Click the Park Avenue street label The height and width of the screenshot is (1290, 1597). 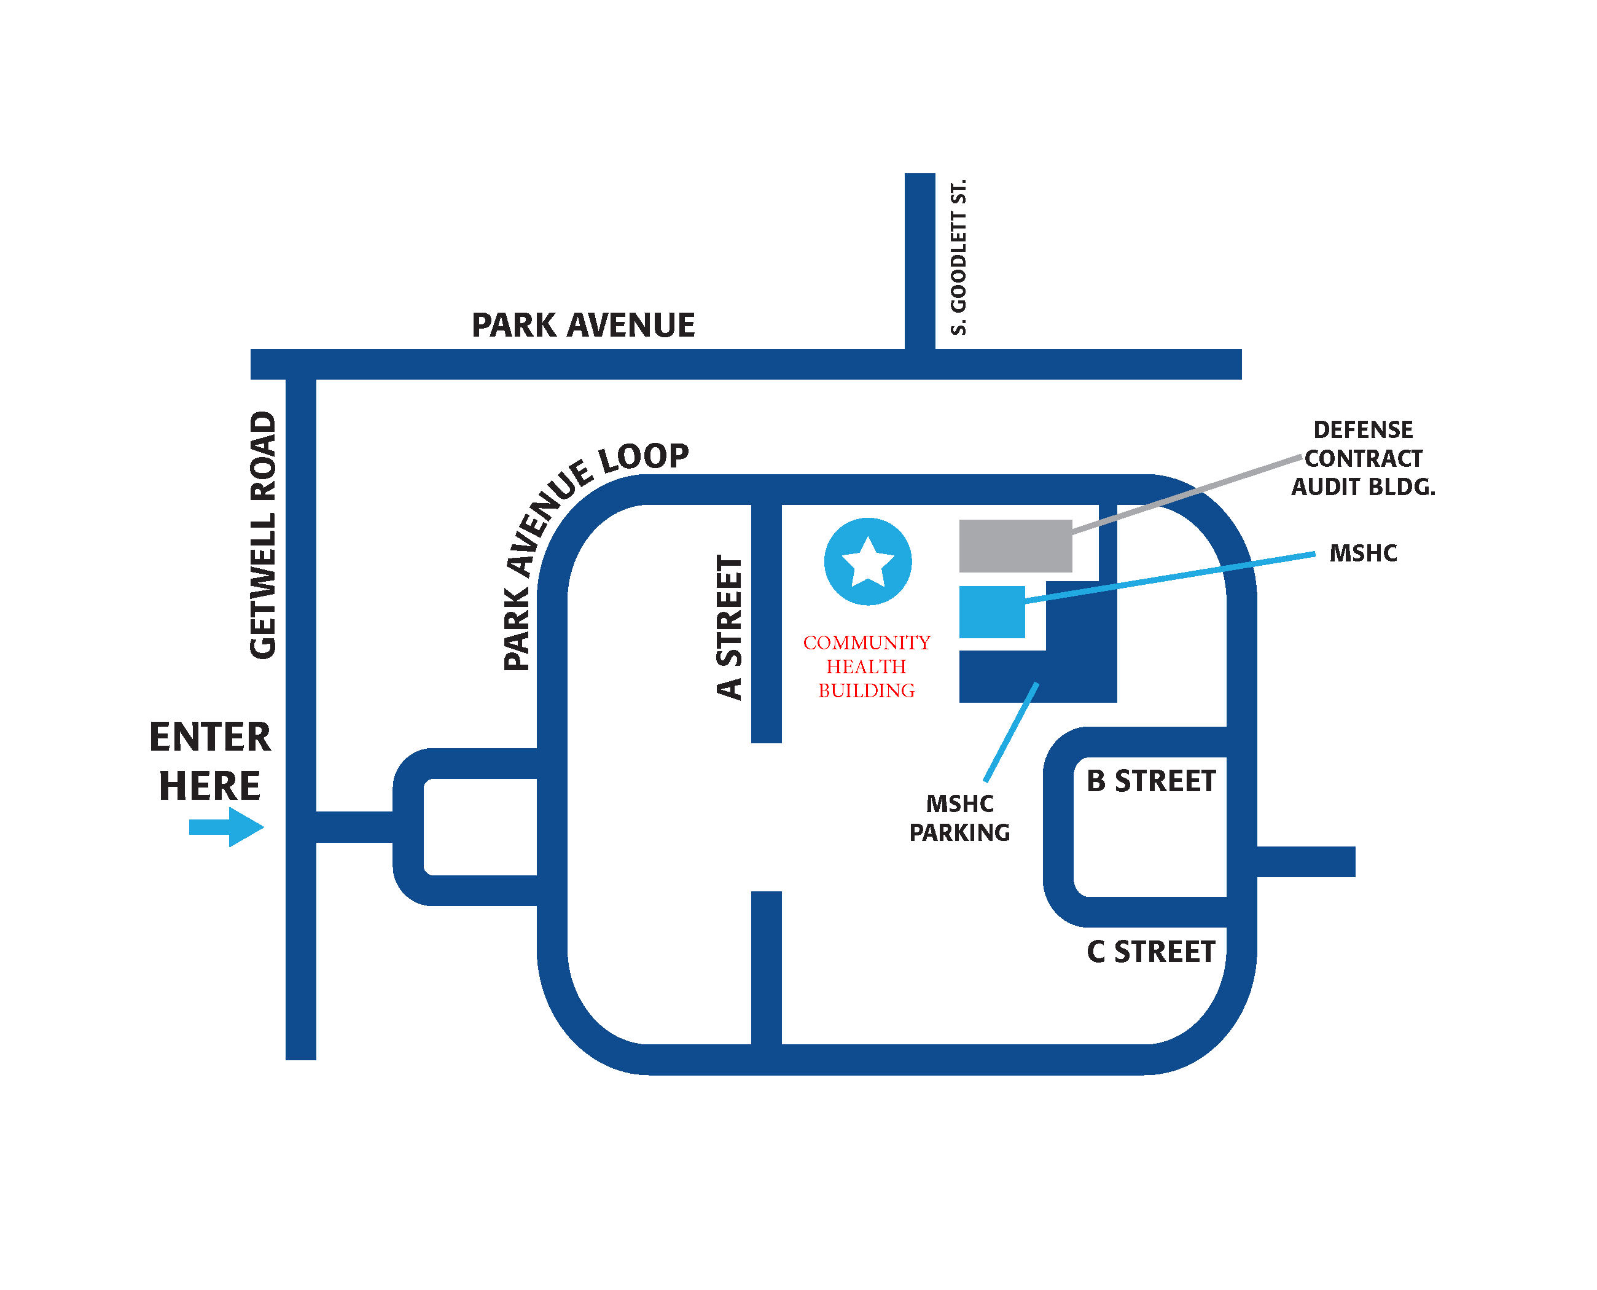click(x=583, y=326)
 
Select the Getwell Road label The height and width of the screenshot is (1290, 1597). click(x=263, y=534)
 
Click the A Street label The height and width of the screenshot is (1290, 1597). click(x=729, y=627)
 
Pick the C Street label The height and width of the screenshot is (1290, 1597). click(x=1150, y=952)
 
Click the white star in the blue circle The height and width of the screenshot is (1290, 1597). click(x=867, y=562)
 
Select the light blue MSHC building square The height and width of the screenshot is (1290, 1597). click(x=991, y=612)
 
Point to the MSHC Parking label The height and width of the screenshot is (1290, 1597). click(x=959, y=818)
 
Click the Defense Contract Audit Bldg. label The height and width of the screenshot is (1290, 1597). click(x=1362, y=458)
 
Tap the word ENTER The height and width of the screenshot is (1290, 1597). click(x=210, y=737)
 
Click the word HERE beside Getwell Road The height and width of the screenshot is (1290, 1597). click(x=209, y=786)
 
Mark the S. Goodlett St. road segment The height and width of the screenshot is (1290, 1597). click(x=920, y=260)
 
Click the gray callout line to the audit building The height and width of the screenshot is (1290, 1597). click(x=1189, y=493)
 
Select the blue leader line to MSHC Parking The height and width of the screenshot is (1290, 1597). click(x=1010, y=732)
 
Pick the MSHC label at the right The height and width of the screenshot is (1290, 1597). click(x=1362, y=553)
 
